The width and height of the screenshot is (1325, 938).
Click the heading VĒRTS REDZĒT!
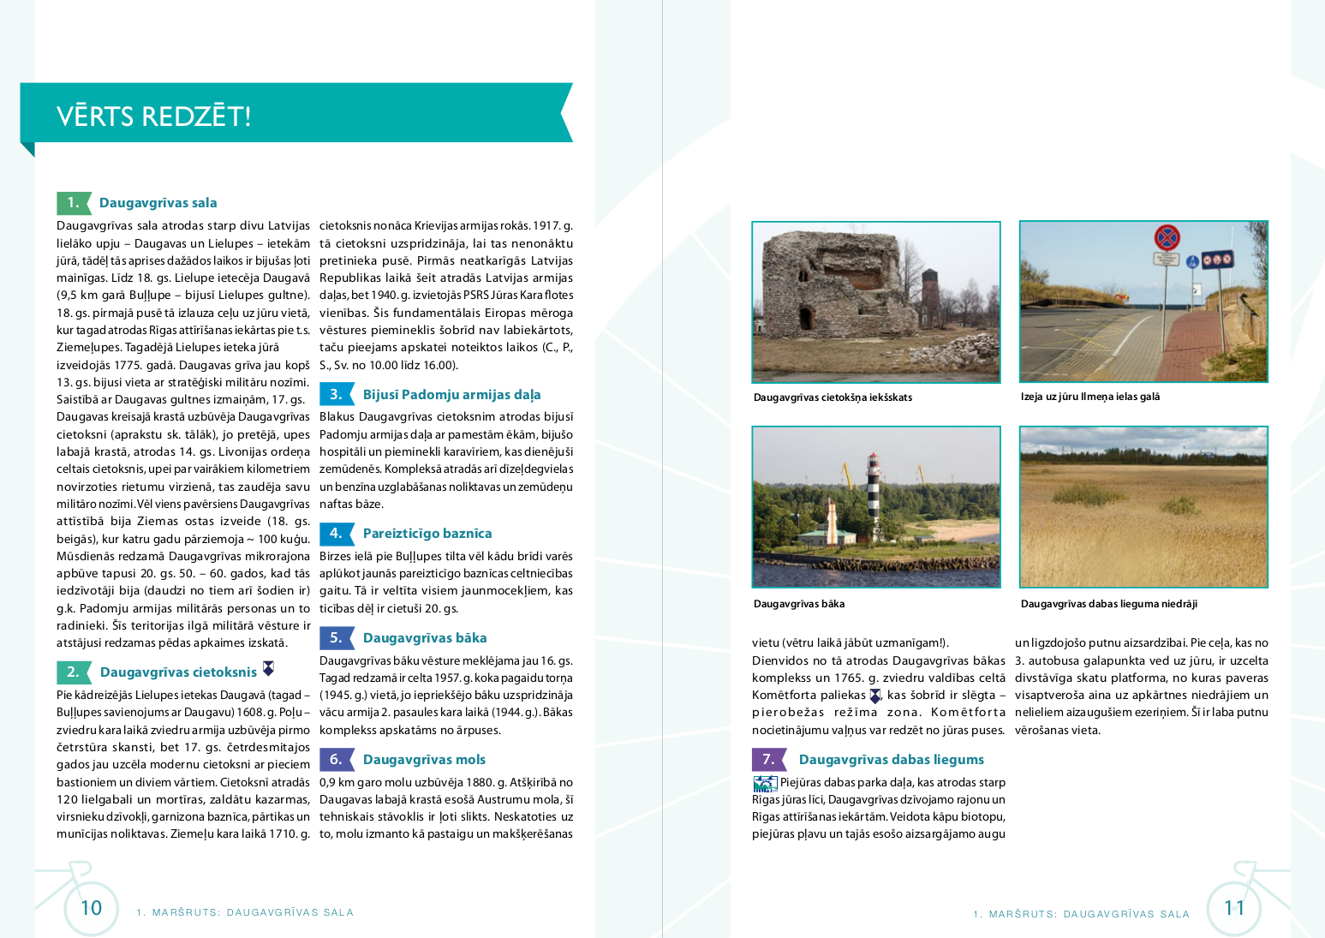(154, 116)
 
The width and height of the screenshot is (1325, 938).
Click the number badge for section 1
(74, 203)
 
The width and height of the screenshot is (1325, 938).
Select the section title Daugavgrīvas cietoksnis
(178, 672)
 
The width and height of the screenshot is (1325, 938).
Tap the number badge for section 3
(336, 394)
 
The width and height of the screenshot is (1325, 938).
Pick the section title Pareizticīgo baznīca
(427, 534)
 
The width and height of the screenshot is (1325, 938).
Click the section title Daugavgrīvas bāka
(425, 638)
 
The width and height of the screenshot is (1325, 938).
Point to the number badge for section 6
(336, 760)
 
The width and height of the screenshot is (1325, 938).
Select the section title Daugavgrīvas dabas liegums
(891, 760)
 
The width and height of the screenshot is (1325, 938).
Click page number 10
(91, 908)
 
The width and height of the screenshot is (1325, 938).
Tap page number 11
(1234, 908)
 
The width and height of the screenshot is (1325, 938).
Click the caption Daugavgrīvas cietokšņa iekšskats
(833, 397)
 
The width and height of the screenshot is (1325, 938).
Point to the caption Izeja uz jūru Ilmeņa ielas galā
(1089, 397)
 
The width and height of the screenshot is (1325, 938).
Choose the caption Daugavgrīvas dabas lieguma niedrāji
(1108, 604)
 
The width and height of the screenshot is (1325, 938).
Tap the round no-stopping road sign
(1167, 237)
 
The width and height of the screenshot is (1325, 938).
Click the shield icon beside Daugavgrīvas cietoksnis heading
(268, 668)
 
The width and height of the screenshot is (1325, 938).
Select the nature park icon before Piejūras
(764, 783)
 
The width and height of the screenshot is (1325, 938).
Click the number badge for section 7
(768, 760)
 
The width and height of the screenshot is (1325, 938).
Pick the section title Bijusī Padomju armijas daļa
(451, 395)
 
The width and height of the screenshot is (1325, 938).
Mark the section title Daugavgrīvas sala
(158, 203)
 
